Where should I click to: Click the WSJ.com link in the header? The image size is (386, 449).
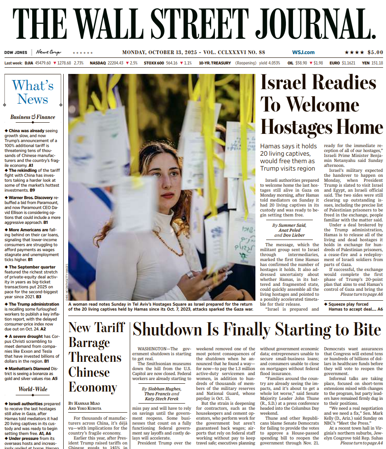click(x=303, y=52)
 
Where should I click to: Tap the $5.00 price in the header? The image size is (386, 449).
click(x=375, y=52)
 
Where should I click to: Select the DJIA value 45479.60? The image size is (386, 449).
click(x=43, y=63)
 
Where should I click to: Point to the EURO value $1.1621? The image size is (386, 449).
click(x=348, y=63)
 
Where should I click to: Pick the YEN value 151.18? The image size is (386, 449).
click(x=377, y=63)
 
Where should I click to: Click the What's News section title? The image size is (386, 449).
click(x=33, y=93)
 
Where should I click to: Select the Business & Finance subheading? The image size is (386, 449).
click(x=33, y=117)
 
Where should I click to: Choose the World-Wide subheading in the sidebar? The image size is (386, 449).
click(x=33, y=389)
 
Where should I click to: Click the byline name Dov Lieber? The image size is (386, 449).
click(x=295, y=235)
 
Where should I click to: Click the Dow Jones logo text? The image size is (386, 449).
click(x=16, y=52)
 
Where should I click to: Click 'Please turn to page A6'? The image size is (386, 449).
click(x=362, y=295)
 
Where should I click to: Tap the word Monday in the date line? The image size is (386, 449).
click(x=135, y=52)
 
